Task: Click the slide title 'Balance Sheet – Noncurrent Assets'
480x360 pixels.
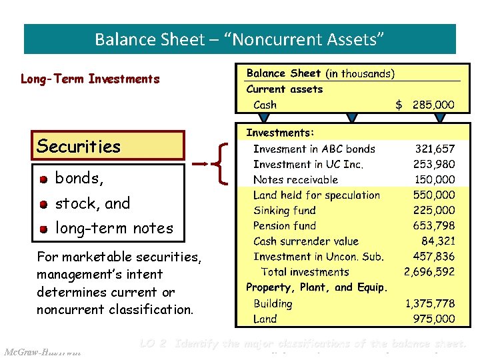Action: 239,39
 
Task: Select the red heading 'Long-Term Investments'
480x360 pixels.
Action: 90,79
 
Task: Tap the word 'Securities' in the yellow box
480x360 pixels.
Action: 79,146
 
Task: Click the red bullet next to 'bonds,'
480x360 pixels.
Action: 43,179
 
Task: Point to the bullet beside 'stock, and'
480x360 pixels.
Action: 43,204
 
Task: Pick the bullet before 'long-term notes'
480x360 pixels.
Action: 43,229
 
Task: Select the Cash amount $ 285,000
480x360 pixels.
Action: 425,105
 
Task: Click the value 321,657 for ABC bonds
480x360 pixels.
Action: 435,149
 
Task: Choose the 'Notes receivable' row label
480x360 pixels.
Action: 295,180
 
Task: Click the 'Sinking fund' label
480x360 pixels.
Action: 285,211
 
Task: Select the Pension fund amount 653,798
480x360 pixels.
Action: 434,226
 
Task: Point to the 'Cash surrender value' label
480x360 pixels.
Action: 305,241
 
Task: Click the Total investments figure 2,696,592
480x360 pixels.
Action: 429,272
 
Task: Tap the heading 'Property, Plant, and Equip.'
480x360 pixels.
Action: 317,287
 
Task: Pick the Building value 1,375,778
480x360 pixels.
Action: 430,303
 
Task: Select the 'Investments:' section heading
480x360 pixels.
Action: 281,133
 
